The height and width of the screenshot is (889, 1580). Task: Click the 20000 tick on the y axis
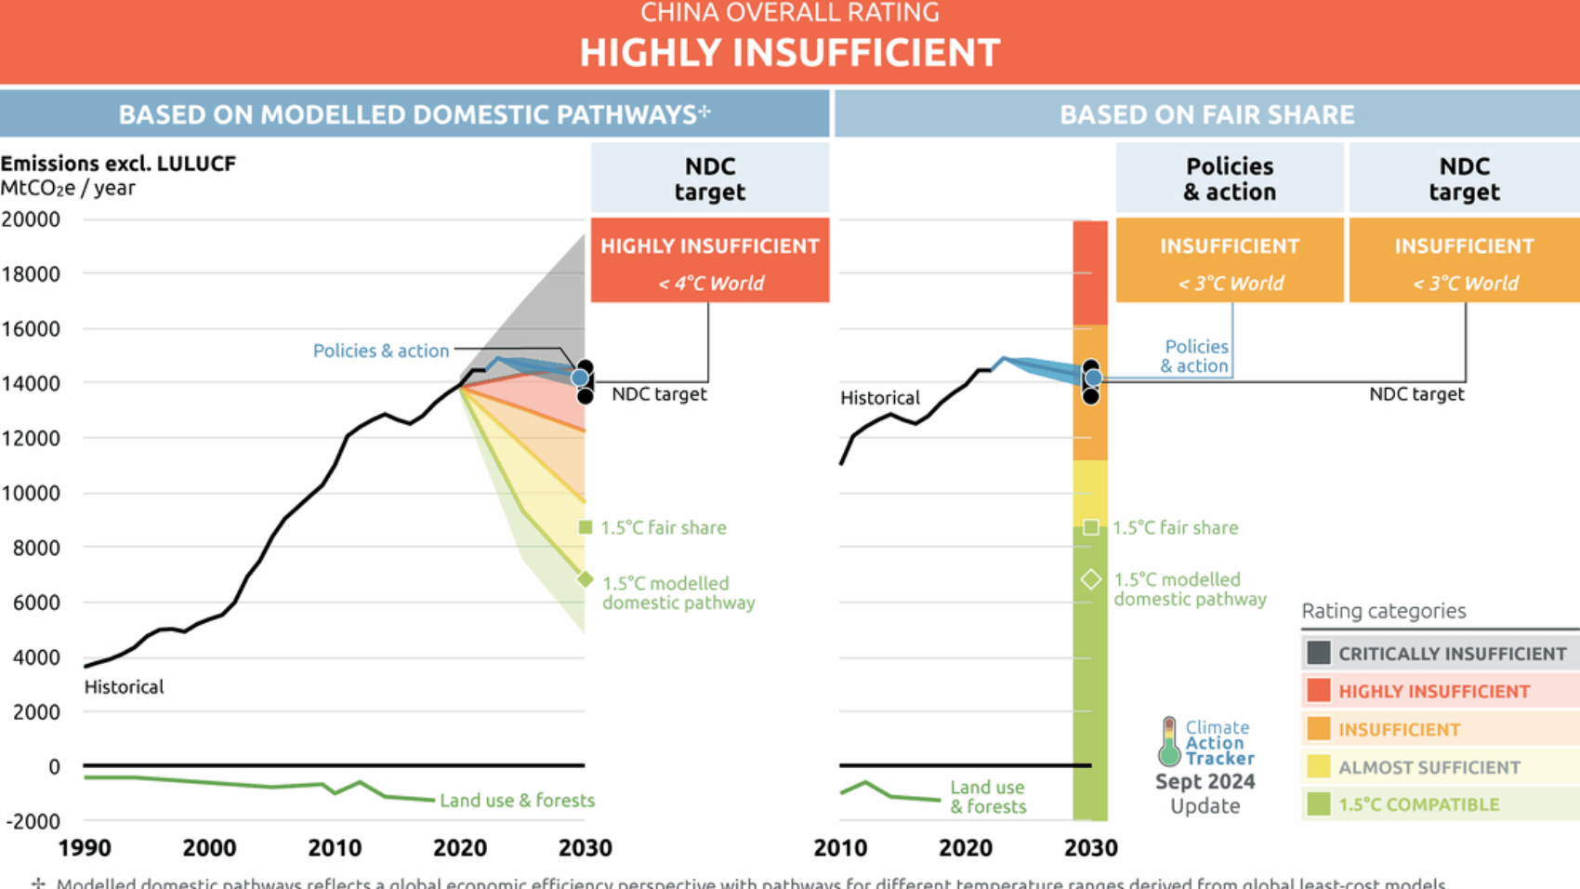(x=31, y=219)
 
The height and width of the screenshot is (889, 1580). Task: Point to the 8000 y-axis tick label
(x=36, y=548)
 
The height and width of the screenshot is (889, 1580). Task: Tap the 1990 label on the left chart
(x=85, y=848)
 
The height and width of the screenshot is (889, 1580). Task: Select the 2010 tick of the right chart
(x=840, y=848)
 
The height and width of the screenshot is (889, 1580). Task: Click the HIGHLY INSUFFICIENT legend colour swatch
(x=1318, y=691)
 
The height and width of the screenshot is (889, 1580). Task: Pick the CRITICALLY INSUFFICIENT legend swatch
(x=1318, y=653)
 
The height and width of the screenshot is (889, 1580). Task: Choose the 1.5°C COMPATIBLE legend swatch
(x=1318, y=804)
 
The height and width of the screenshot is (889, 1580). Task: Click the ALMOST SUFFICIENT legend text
(x=1429, y=767)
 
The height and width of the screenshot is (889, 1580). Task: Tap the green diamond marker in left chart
(x=586, y=579)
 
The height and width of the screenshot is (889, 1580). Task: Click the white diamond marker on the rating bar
(x=1091, y=579)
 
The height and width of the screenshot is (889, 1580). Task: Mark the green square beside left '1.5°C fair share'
(x=586, y=527)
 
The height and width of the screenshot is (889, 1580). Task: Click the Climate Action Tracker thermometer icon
(x=1169, y=741)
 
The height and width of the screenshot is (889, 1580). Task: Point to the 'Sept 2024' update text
(x=1205, y=782)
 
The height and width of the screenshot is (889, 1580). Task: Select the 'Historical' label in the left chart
(x=124, y=687)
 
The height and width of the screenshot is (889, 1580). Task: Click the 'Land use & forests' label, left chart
(x=517, y=801)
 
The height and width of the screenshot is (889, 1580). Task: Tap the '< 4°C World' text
(x=711, y=284)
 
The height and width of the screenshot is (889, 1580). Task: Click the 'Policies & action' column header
(x=1230, y=179)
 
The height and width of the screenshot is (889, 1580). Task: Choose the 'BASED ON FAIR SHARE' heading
(x=1206, y=114)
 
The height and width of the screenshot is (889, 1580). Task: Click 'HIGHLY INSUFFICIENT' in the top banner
(x=789, y=53)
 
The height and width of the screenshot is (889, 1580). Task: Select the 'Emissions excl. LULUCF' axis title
(x=118, y=164)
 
